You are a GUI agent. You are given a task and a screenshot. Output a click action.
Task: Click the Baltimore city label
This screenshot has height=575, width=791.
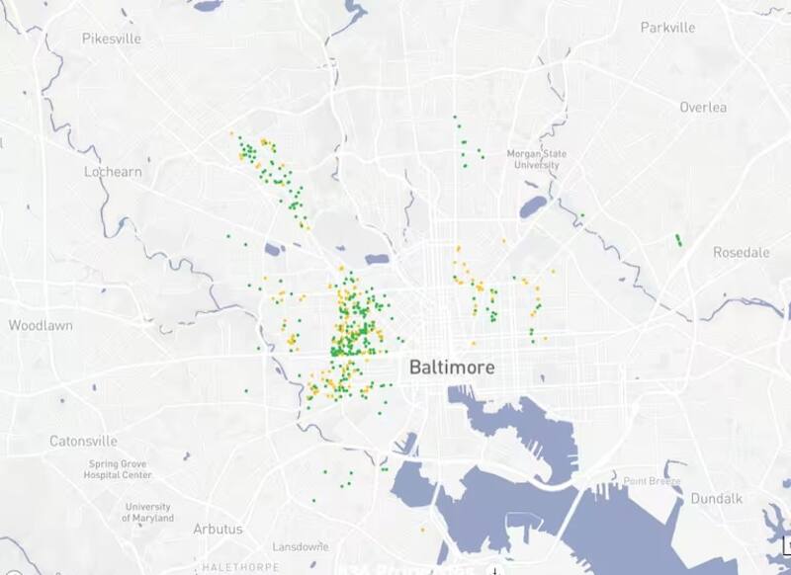[x=452, y=368]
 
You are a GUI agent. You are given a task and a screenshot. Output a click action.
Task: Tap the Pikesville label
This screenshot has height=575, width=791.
[x=112, y=39]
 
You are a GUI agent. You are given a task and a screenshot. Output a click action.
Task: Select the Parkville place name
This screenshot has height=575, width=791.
[x=667, y=27]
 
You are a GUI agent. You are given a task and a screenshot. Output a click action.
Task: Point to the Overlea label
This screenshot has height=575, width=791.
[x=703, y=107]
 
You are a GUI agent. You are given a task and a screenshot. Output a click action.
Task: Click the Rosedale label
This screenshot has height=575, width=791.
[x=741, y=252]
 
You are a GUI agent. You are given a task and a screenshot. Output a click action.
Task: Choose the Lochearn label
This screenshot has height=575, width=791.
[x=113, y=171]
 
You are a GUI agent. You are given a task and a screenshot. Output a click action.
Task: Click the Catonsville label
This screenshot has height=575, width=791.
[x=83, y=441]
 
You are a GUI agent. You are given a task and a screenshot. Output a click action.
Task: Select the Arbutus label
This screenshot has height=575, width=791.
[x=218, y=529]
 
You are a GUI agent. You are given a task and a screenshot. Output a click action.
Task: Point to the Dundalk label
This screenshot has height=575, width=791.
[x=716, y=498]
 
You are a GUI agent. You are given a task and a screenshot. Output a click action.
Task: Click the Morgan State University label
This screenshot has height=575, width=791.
[x=533, y=159]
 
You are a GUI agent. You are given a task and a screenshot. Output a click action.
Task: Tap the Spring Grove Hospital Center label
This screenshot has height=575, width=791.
[x=120, y=469]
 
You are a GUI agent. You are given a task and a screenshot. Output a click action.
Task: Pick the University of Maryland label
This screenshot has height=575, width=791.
[x=147, y=512]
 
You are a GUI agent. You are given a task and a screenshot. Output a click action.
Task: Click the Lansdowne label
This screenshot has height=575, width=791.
[x=300, y=546]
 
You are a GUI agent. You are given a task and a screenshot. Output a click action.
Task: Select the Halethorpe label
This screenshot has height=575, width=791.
[x=234, y=567]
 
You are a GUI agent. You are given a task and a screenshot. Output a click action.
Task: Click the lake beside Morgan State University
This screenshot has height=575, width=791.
[x=533, y=206]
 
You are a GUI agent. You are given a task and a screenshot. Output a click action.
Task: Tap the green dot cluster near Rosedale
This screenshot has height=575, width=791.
[x=677, y=239]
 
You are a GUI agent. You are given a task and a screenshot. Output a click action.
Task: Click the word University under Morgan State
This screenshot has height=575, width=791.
[x=533, y=165]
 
